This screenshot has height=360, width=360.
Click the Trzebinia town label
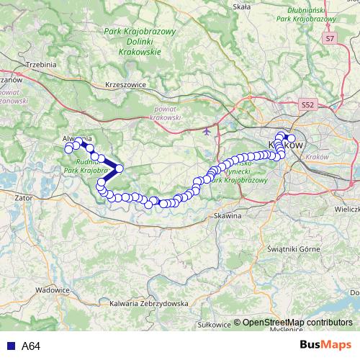click(x=40, y=64)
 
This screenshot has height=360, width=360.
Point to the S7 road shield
click(x=330, y=37)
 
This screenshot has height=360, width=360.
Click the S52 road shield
click(x=308, y=104)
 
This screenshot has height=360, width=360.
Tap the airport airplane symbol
click(x=207, y=132)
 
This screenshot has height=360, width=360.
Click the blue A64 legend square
click(x=9, y=346)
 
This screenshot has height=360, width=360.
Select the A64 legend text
click(x=31, y=346)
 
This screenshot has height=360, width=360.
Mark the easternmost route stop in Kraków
click(x=291, y=139)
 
